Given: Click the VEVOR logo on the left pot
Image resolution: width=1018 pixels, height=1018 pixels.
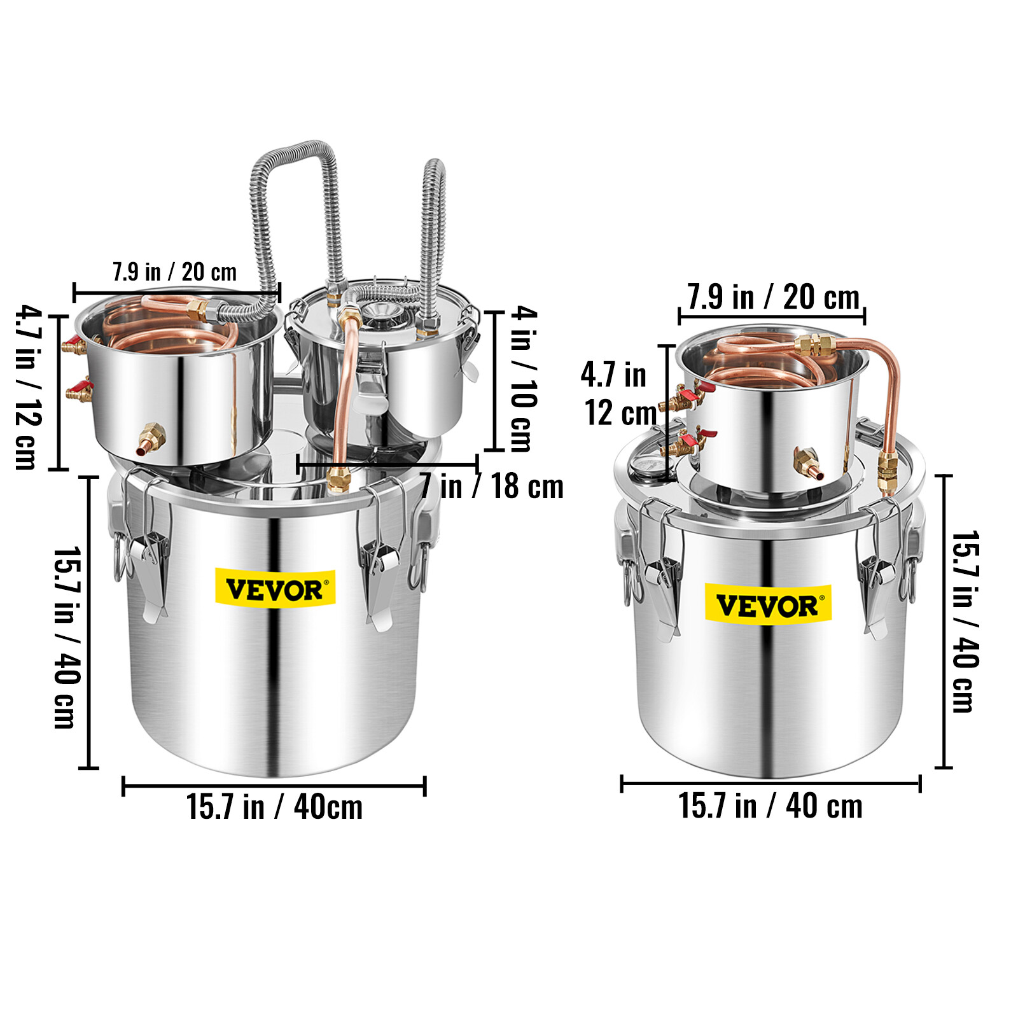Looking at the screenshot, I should (275, 589).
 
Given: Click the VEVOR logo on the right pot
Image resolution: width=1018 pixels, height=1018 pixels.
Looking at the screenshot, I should (768, 604).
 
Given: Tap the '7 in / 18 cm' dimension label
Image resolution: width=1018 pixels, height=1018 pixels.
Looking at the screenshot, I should (491, 487).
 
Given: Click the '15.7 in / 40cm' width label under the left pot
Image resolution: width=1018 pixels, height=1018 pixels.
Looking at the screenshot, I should (274, 807).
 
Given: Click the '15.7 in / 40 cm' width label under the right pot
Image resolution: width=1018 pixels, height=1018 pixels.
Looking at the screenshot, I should (770, 805).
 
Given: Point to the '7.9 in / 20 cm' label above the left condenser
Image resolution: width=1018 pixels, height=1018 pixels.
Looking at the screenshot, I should (174, 272).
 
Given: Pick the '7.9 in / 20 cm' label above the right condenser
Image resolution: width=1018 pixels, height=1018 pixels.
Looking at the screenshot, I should (773, 296).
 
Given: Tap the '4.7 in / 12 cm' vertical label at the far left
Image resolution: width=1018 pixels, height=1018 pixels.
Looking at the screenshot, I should (29, 388).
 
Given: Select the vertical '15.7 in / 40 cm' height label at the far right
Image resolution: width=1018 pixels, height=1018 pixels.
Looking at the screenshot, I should (966, 622).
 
